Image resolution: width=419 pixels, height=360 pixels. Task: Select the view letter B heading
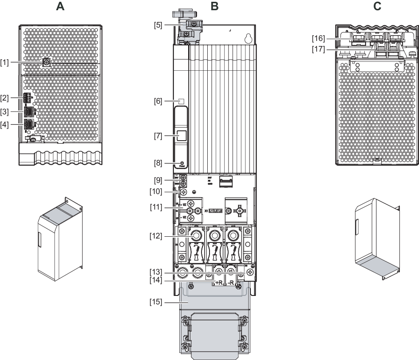[215, 6]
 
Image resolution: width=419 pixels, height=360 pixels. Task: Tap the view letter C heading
[377, 6]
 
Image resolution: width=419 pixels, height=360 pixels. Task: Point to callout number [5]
[158, 25]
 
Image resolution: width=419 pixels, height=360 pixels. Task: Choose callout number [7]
[158, 136]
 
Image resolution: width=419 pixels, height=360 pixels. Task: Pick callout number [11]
[157, 207]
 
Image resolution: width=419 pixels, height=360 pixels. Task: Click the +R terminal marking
[218, 282]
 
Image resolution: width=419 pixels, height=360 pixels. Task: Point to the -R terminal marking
[231, 282]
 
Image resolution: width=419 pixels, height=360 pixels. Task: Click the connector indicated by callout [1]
[46, 63]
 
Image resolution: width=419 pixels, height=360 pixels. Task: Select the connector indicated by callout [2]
[28, 98]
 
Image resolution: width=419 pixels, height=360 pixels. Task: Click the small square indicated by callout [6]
[181, 101]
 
